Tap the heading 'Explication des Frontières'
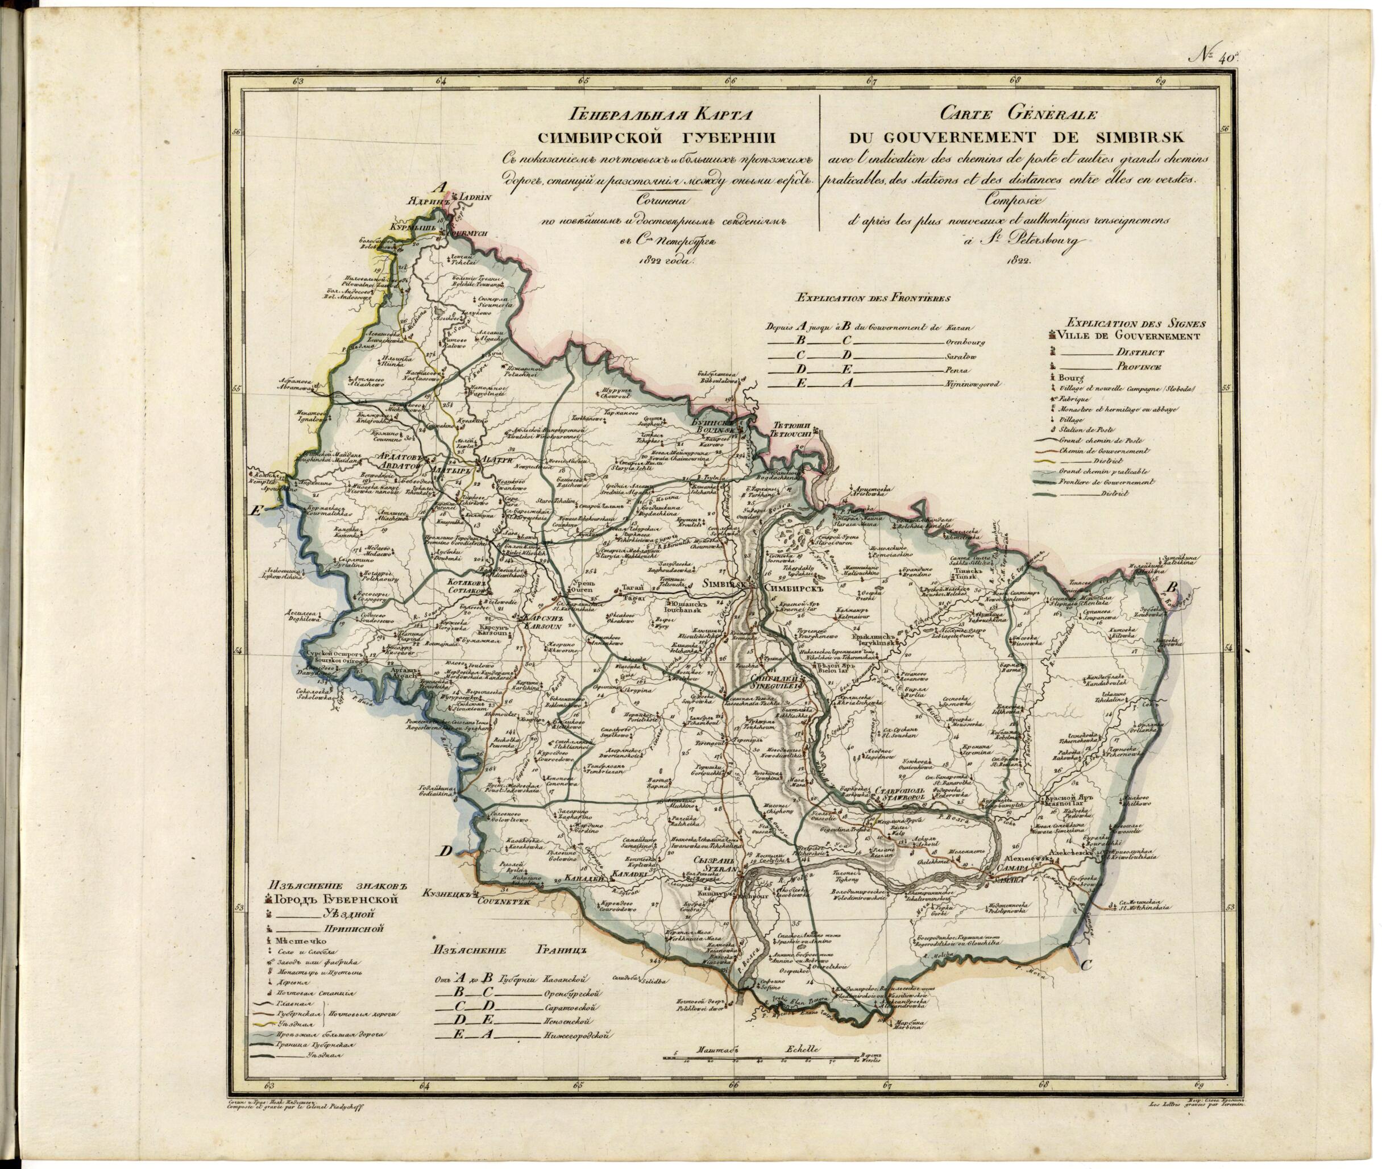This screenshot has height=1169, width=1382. [874, 297]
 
